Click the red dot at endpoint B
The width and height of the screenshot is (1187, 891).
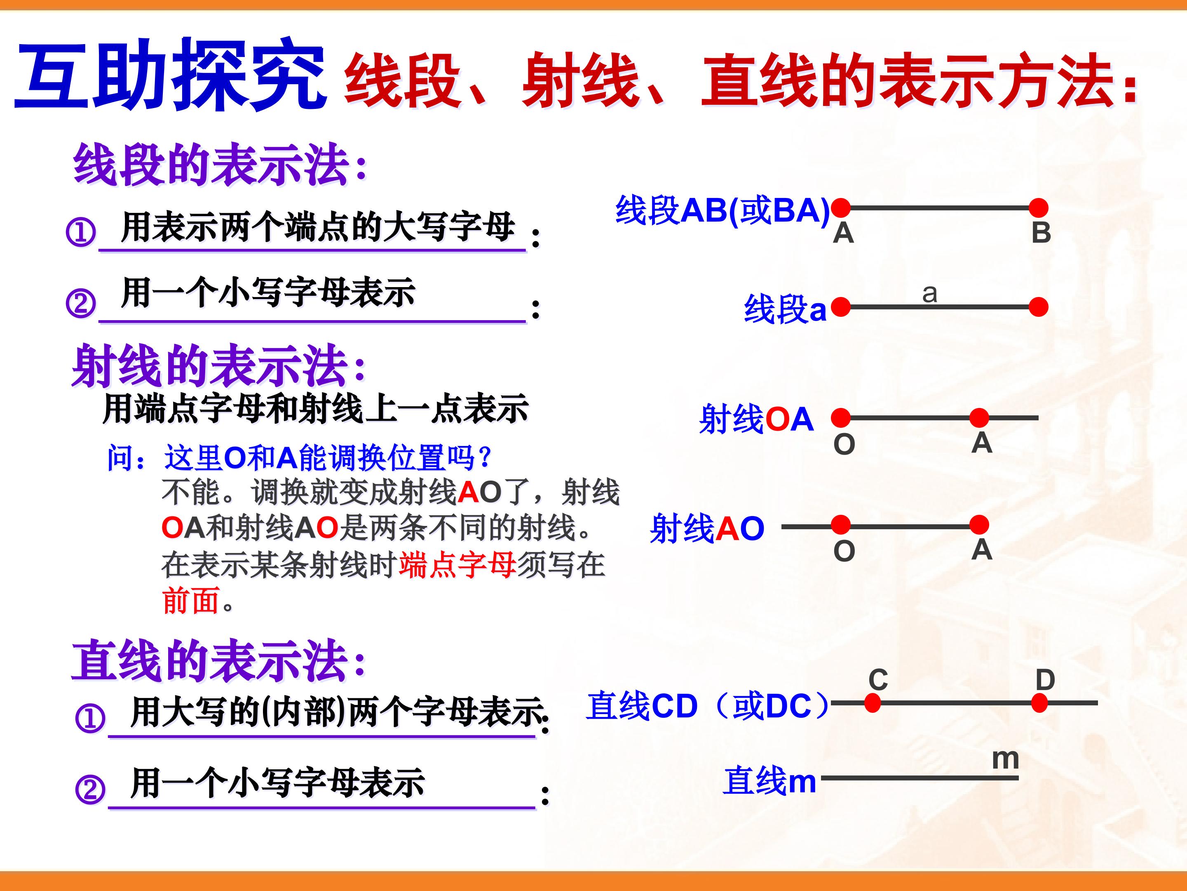pos(1039,207)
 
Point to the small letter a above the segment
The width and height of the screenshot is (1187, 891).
pos(930,293)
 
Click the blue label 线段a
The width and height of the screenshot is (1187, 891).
pos(785,309)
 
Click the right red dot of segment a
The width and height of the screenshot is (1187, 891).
pos(1039,307)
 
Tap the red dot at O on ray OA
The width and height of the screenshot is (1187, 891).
pos(841,417)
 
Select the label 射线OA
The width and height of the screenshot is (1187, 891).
pos(756,419)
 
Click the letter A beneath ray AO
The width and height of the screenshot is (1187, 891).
pos(981,549)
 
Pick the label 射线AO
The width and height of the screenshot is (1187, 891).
pos(707,528)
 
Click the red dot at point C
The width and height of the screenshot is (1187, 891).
pos(873,702)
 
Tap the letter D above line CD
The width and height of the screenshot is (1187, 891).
pos(1045,680)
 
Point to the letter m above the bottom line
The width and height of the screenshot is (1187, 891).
pos(1006,759)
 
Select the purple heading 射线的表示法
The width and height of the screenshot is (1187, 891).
pos(218,366)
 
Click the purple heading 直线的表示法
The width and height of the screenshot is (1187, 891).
pos(218,660)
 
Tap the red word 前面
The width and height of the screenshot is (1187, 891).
pos(190,600)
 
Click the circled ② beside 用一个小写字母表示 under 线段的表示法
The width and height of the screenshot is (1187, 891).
pos(80,304)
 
